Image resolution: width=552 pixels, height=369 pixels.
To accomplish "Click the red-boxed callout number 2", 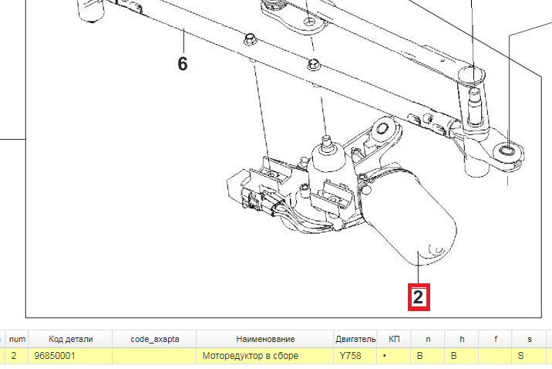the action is [x=419, y=297].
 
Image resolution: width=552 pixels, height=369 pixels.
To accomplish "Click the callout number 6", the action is [x=183, y=64].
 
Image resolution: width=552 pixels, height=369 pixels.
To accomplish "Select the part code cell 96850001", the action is [x=70, y=356].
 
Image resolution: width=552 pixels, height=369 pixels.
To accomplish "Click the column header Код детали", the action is [x=70, y=339].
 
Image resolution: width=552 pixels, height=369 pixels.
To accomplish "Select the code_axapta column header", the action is [x=154, y=339].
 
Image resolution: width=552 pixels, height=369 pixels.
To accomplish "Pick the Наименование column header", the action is [x=264, y=339].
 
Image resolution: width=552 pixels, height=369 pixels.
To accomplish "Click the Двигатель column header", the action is [x=355, y=339].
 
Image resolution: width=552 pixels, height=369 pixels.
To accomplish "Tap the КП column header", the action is [x=394, y=339].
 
